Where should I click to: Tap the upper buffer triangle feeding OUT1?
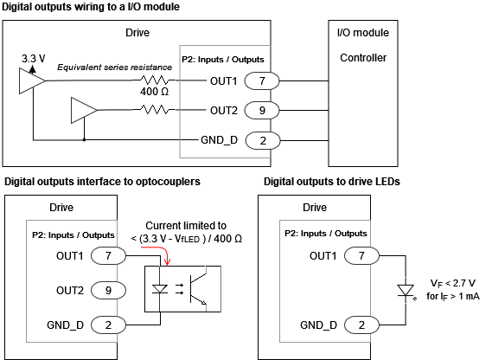(x=30, y=80)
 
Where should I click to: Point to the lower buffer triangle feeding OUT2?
(x=83, y=110)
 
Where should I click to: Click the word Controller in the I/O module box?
(x=363, y=58)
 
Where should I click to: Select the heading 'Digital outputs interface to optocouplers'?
(x=103, y=182)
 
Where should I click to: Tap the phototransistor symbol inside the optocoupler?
(x=200, y=289)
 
